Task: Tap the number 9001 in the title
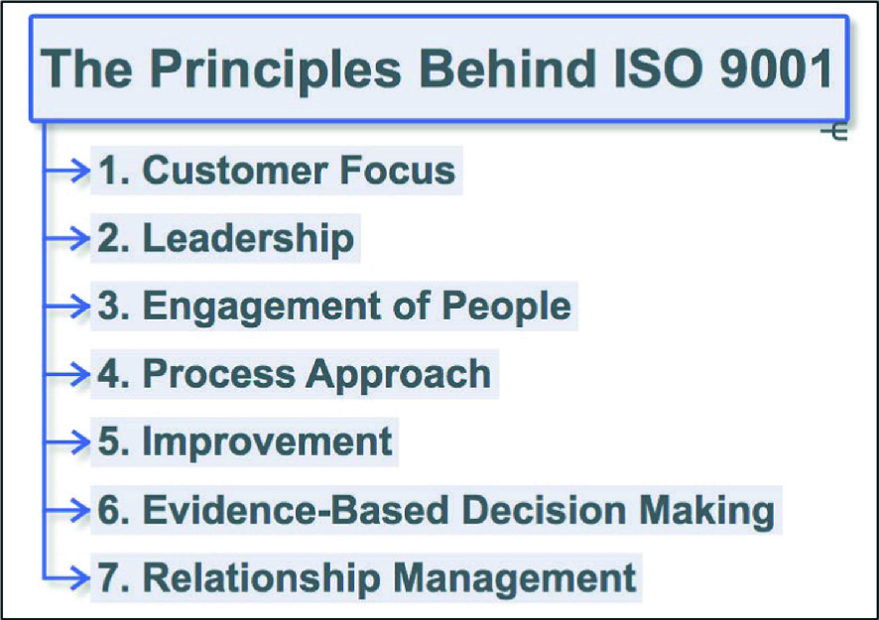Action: (776, 68)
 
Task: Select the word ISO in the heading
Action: (658, 68)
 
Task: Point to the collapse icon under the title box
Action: (833, 132)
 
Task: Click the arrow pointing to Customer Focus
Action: (66, 170)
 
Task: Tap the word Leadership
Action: (248, 238)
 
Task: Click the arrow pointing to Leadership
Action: (66, 239)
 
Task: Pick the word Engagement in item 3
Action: (262, 308)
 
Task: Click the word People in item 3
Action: (506, 307)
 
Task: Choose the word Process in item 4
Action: (218, 374)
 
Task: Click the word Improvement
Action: (268, 441)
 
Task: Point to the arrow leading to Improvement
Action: (66, 441)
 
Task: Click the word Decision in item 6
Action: (544, 510)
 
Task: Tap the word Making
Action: (707, 511)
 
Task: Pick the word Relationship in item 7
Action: (262, 579)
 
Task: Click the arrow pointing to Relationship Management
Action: (66, 577)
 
